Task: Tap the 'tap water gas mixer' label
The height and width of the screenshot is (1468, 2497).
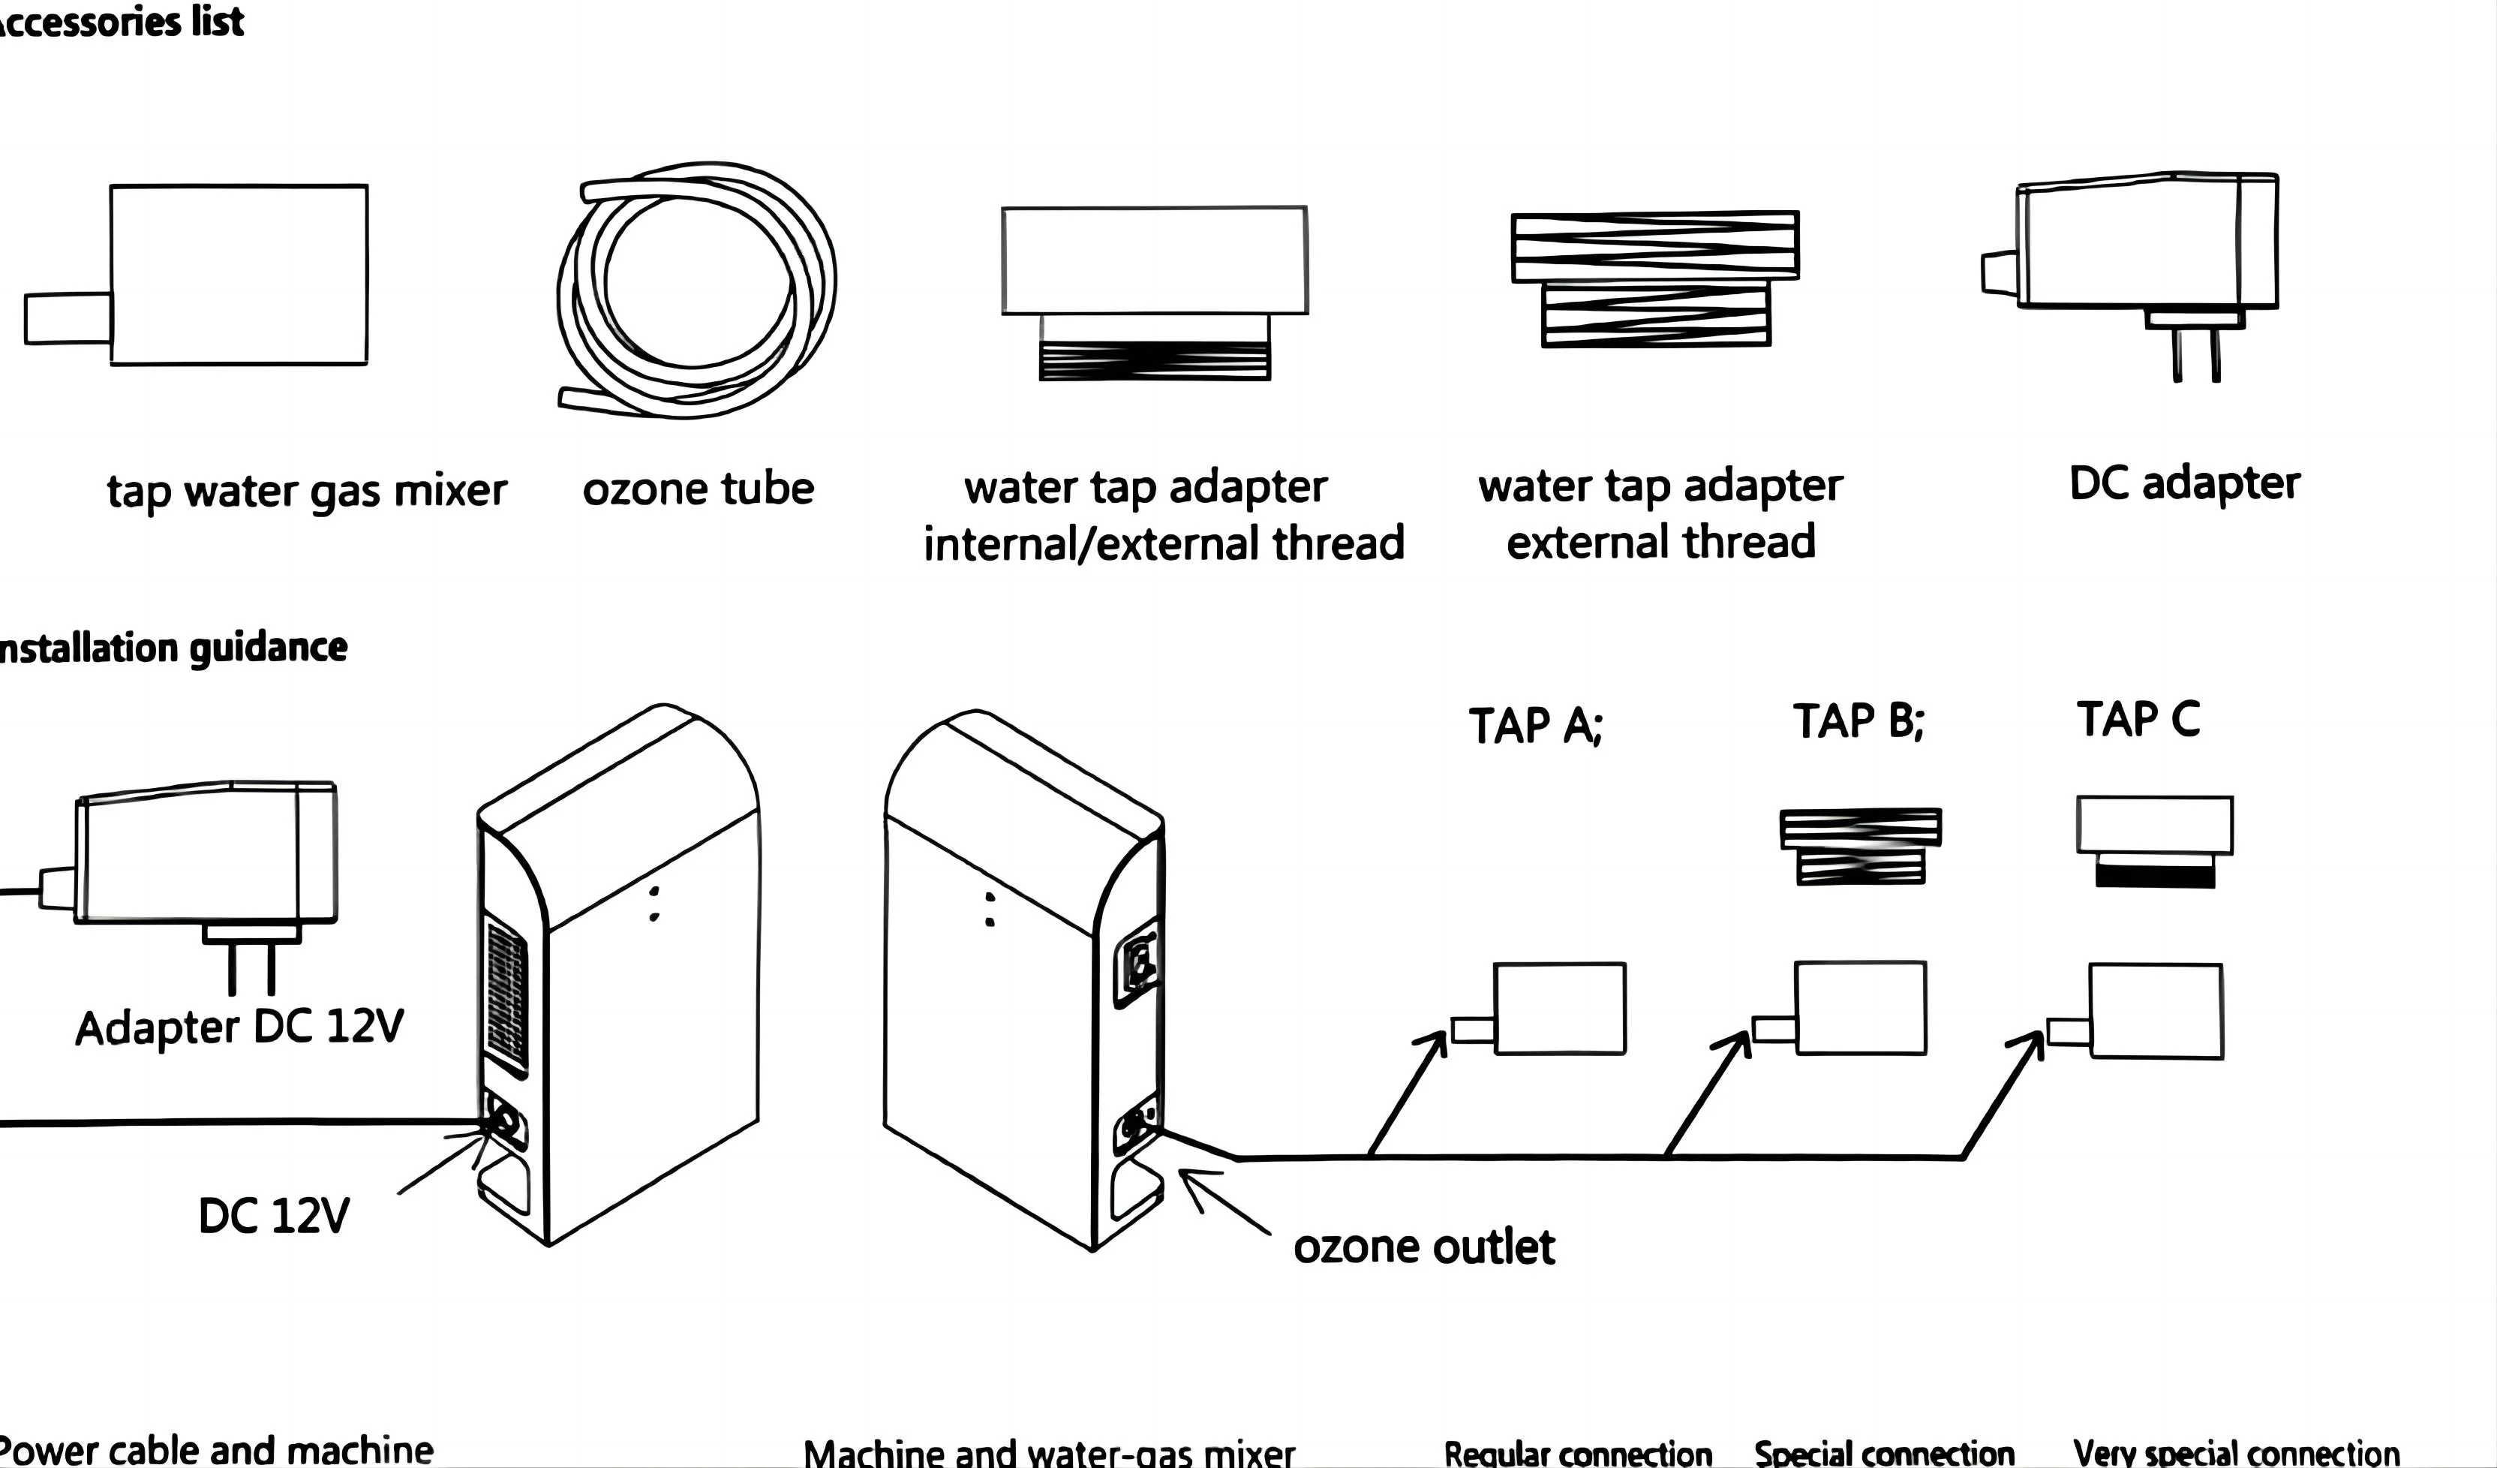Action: click(x=306, y=492)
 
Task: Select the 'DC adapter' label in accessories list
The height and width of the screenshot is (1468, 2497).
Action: click(x=2184, y=484)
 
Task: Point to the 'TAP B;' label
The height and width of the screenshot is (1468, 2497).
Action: click(x=1858, y=720)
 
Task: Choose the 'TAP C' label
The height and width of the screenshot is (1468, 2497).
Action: click(x=2138, y=719)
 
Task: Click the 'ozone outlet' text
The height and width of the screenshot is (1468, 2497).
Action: click(x=1424, y=1247)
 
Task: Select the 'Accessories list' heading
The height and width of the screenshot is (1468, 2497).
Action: click(x=119, y=22)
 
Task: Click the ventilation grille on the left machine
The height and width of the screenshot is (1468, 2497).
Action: click(x=506, y=995)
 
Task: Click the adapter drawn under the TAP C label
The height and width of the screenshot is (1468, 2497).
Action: click(x=2154, y=841)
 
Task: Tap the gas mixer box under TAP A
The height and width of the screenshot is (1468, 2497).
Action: click(x=1558, y=1008)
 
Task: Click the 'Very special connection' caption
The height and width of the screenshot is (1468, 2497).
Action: click(x=2237, y=1453)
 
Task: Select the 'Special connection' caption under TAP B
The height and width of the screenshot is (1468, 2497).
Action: click(x=1884, y=1453)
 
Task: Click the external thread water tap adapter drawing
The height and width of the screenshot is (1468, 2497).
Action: click(x=1654, y=278)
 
